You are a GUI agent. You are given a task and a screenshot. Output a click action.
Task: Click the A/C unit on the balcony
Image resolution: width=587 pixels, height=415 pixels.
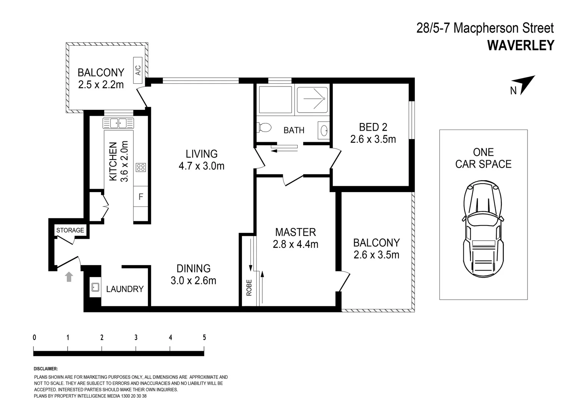(138, 71)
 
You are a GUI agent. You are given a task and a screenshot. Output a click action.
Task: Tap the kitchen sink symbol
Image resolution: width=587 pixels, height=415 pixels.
(118, 123)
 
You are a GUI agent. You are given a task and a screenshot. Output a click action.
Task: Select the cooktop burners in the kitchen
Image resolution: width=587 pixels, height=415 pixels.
(141, 167)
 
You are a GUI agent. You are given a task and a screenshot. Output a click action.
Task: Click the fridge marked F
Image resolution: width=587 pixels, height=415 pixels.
(141, 197)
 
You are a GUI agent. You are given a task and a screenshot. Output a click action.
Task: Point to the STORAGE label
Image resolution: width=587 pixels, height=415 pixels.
(70, 230)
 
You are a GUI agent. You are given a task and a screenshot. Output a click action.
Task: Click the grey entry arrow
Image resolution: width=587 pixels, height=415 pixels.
(69, 277)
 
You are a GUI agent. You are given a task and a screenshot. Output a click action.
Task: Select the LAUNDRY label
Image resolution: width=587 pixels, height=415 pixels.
(125, 289)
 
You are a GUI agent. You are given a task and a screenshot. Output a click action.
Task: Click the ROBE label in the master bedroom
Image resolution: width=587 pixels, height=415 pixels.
(249, 287)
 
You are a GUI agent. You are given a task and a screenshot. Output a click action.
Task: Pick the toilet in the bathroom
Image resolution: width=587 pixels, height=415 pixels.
(264, 127)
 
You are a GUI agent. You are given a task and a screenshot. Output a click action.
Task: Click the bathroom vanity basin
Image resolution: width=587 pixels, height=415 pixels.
(323, 130)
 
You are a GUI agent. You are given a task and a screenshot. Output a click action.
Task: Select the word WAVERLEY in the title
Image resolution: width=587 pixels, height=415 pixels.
(521, 45)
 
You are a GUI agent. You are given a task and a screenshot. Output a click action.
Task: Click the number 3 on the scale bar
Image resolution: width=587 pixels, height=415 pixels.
(136, 337)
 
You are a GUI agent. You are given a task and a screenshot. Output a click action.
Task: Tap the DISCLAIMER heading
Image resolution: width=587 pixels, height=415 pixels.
(46, 369)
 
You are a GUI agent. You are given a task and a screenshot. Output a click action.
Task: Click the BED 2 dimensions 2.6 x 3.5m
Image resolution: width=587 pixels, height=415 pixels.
(373, 139)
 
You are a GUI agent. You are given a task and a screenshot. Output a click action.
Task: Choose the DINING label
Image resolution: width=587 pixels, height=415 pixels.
(193, 268)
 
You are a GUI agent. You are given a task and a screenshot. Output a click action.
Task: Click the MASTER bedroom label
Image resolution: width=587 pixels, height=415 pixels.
(295, 232)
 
